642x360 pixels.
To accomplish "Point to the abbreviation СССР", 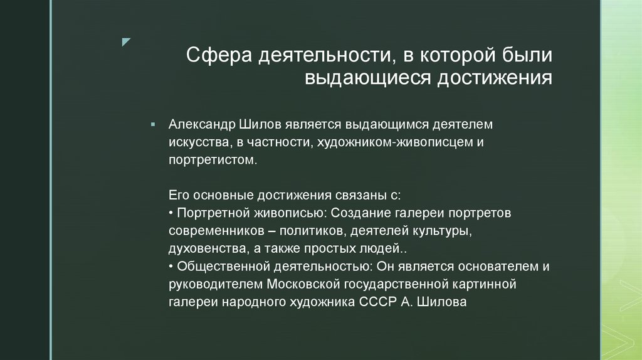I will pos(376,302).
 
